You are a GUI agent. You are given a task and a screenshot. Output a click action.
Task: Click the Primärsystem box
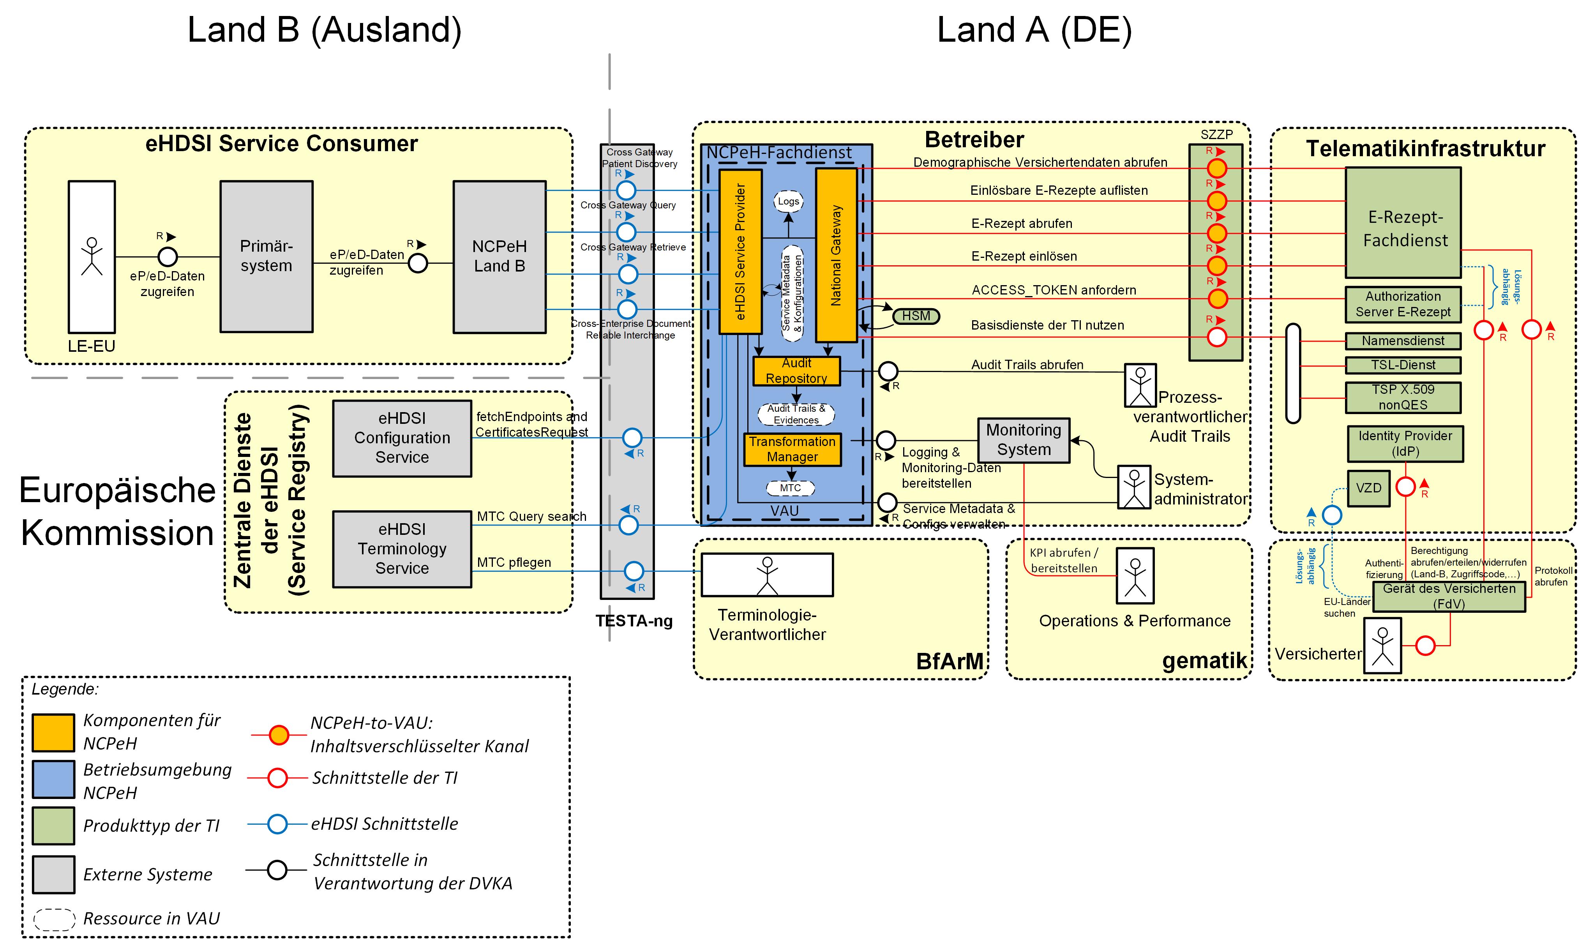click(266, 257)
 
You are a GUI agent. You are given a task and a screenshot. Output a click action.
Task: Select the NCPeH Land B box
click(499, 257)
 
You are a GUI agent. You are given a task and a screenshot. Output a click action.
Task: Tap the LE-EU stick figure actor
click(92, 257)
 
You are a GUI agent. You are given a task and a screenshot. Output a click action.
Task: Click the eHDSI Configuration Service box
click(402, 438)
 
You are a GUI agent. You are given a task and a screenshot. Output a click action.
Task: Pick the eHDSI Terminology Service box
click(402, 548)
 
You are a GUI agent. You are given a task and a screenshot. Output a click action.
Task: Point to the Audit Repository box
click(796, 370)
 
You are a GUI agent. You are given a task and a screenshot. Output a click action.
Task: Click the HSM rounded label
click(916, 316)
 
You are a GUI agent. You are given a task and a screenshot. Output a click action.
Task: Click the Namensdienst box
click(1403, 341)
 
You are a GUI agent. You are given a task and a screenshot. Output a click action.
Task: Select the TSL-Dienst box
click(1403, 365)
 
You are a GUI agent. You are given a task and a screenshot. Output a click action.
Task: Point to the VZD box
click(1368, 489)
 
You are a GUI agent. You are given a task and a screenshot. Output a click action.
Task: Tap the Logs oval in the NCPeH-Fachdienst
click(788, 201)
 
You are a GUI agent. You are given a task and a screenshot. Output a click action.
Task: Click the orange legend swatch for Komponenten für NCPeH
click(53, 733)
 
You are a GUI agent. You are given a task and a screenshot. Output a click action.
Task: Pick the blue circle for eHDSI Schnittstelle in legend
click(277, 824)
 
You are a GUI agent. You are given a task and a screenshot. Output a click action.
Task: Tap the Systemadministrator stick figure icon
click(1134, 487)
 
